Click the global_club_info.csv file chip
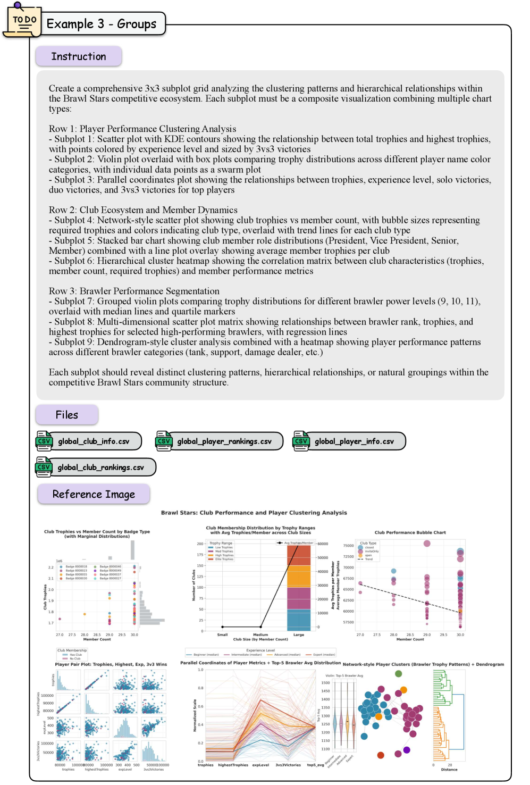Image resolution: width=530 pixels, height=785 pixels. tap(89, 441)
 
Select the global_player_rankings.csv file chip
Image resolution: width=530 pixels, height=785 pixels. tap(219, 441)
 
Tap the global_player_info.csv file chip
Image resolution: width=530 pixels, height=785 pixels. tap(349, 441)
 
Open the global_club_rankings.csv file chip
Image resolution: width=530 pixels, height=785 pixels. tap(96, 467)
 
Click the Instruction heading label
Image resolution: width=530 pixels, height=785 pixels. tap(79, 56)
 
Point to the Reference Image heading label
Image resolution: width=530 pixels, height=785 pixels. tap(94, 494)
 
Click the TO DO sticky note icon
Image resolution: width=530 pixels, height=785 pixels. tap(23, 22)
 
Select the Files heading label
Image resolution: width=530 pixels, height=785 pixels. tap(67, 415)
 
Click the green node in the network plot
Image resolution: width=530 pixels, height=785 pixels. tap(399, 674)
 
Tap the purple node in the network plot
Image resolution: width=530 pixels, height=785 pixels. tap(407, 750)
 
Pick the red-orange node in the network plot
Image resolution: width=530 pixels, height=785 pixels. tap(381, 755)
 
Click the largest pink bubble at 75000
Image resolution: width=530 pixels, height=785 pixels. tap(427, 544)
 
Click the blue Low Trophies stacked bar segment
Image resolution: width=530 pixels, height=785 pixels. tap(299, 620)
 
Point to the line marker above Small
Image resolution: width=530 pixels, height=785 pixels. tap(222, 627)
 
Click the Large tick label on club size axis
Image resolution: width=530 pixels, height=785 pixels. tap(299, 635)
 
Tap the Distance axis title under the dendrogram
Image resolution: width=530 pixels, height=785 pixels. tap(449, 770)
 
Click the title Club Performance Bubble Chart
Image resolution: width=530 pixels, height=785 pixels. tap(410, 532)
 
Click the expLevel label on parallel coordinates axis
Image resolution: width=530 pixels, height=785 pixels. tap(260, 765)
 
